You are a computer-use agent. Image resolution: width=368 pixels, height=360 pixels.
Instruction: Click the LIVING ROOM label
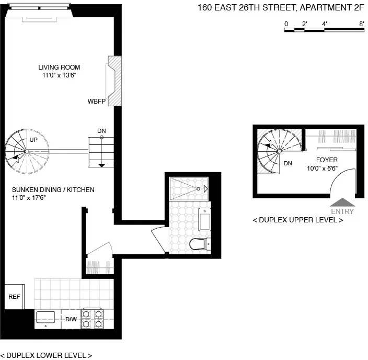click(59, 67)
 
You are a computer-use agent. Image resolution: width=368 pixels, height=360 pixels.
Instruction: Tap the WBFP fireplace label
click(96, 101)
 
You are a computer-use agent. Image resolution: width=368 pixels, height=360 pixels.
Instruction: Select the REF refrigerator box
click(14, 297)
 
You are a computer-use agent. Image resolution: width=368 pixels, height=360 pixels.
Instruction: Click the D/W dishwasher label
click(71, 319)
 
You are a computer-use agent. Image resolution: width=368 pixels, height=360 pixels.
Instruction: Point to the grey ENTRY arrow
click(342, 202)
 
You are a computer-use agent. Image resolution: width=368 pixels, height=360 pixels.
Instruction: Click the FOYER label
click(327, 160)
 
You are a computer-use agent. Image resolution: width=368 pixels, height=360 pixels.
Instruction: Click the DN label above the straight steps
click(101, 131)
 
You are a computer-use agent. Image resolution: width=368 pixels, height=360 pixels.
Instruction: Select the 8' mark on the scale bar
click(361, 24)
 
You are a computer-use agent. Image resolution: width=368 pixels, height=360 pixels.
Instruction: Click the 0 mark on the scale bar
click(286, 24)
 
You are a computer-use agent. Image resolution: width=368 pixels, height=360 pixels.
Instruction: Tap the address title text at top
click(280, 7)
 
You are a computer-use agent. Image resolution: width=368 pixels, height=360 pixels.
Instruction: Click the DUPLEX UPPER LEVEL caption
click(297, 220)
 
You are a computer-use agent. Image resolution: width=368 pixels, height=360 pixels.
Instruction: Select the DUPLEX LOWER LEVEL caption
click(46, 355)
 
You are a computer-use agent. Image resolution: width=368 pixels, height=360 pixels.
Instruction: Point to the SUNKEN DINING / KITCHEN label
click(53, 189)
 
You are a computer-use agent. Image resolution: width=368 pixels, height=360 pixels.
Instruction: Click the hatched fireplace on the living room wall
click(113, 81)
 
